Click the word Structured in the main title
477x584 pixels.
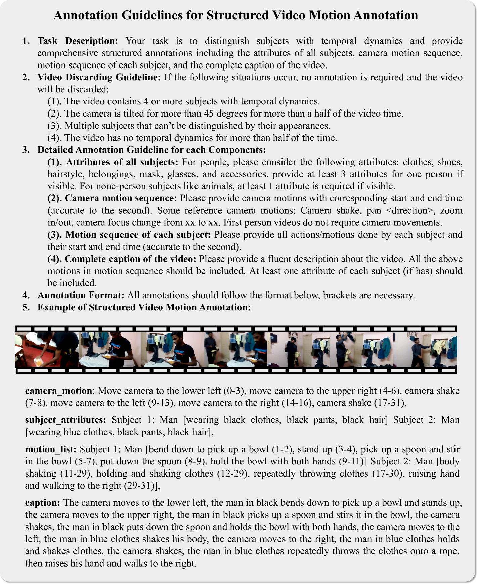(238, 16)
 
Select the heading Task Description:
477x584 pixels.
(78, 41)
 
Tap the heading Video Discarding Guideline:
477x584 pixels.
(99, 77)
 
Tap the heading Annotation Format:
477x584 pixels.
(81, 295)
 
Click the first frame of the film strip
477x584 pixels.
(47, 350)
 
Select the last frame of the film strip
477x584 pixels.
(425, 350)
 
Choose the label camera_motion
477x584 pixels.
(58, 391)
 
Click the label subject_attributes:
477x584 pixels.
(66, 420)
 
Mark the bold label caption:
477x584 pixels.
(43, 503)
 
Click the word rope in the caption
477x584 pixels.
(450, 551)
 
